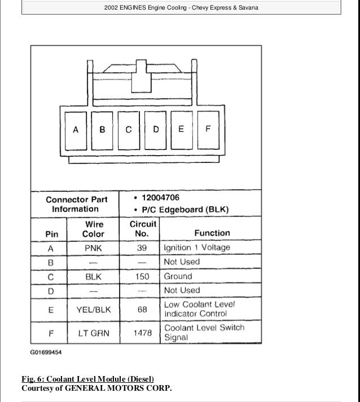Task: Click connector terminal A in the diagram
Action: (x=76, y=130)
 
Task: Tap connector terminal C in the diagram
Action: (x=129, y=130)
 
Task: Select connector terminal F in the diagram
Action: (x=207, y=130)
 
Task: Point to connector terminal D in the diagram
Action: (x=156, y=130)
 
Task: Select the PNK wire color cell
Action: (x=93, y=248)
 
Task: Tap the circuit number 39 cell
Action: (x=142, y=248)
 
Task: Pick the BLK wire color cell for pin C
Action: (x=93, y=277)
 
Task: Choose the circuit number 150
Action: (x=142, y=277)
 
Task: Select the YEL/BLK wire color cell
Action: (x=93, y=309)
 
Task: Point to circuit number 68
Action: (x=142, y=309)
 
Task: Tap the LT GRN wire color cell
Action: (x=93, y=333)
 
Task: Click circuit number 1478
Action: (x=142, y=333)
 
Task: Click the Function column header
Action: (x=212, y=232)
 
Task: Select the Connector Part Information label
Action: (x=76, y=204)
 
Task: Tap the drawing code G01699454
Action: (x=46, y=353)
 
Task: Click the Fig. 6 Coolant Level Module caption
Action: (x=87, y=378)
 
